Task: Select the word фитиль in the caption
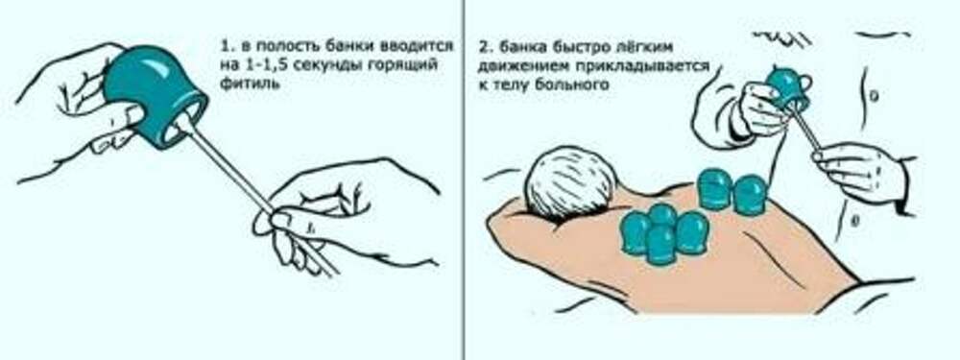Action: point(247,84)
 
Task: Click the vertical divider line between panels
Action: point(464,180)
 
